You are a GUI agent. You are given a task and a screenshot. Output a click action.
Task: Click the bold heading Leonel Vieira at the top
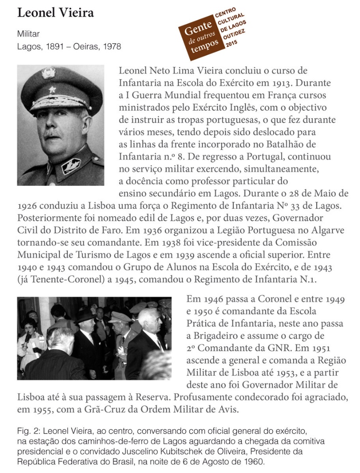click(55, 13)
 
